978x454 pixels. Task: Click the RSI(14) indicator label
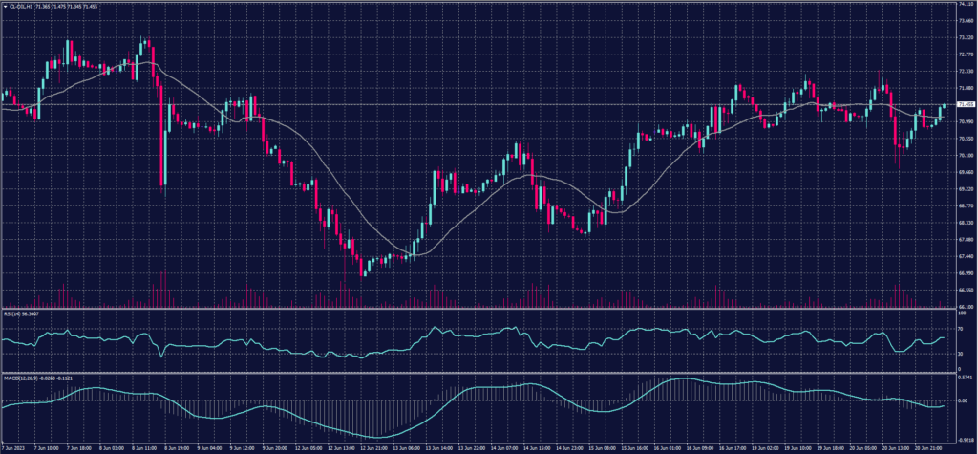click(14, 313)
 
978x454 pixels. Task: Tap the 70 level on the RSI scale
click(960, 328)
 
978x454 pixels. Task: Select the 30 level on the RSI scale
click(960, 355)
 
